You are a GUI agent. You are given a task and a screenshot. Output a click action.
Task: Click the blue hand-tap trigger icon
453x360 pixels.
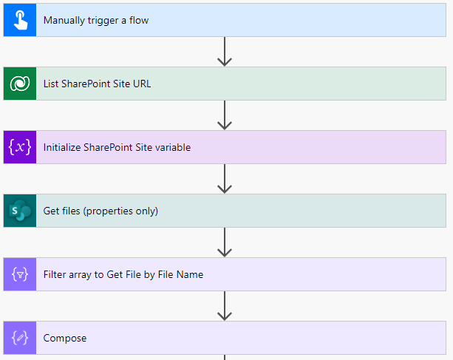pos(19,20)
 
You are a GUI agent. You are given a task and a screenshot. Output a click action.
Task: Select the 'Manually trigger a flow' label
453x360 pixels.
pos(96,20)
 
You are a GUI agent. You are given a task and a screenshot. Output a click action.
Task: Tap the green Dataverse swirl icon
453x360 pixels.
pos(19,84)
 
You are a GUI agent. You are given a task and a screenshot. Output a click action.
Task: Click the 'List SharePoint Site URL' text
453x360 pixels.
pos(97,84)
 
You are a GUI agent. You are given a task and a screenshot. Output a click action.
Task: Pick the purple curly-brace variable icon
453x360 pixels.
pos(19,147)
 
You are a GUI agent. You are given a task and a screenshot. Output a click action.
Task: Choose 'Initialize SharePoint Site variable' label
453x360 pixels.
pos(117,147)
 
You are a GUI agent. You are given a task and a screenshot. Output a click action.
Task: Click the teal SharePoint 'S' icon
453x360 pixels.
pos(19,211)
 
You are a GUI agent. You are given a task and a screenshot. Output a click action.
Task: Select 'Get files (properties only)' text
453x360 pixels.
pos(101,211)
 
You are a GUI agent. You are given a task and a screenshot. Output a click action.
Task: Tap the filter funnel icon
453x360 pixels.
pos(19,274)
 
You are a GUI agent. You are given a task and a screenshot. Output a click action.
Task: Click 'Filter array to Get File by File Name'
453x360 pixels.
pos(123,274)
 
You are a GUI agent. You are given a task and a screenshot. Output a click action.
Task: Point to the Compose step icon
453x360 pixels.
pos(19,338)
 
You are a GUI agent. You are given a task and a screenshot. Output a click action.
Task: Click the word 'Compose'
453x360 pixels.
pos(65,338)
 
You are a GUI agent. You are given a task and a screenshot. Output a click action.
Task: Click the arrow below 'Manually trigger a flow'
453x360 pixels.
pos(225,52)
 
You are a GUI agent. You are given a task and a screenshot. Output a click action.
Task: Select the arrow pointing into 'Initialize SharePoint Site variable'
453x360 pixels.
pos(225,115)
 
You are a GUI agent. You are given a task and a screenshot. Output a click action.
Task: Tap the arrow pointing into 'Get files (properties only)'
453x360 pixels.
pos(225,179)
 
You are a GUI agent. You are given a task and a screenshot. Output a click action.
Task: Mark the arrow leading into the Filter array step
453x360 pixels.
pos(225,242)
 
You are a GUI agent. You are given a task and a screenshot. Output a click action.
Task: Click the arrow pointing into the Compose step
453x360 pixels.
pos(225,306)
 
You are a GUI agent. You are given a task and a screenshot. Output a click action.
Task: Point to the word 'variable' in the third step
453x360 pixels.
pos(173,147)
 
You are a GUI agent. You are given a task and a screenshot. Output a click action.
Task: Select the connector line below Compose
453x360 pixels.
pos(225,357)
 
